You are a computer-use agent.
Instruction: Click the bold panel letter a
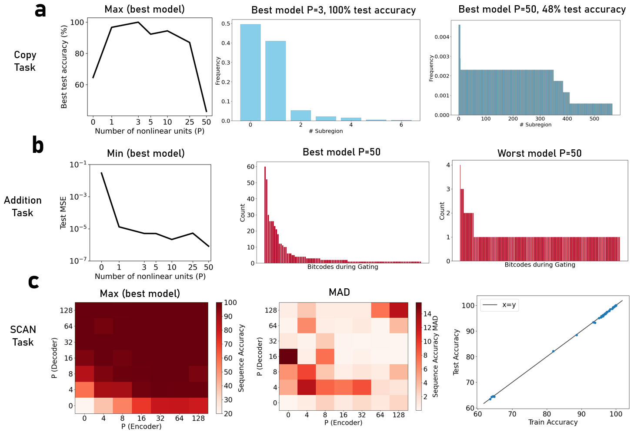[x=40, y=10]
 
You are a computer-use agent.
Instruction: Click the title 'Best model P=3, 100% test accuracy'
[x=334, y=10]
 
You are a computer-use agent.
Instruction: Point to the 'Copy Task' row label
[x=25, y=61]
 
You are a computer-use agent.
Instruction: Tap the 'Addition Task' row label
[x=23, y=206]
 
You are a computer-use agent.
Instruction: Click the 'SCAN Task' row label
[x=23, y=336]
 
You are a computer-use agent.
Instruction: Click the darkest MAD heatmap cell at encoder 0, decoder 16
[x=288, y=356]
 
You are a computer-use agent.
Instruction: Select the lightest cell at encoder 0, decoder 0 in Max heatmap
[x=84, y=406]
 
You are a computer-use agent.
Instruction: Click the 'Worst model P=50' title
[x=539, y=153]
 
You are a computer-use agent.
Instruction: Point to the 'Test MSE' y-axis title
[x=63, y=212]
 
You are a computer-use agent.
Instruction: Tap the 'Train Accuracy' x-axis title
[x=553, y=422]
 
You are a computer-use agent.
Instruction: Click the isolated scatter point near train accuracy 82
[x=553, y=351]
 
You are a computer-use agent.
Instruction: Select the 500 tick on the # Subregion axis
[x=594, y=119]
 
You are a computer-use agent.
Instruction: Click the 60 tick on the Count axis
[x=250, y=167]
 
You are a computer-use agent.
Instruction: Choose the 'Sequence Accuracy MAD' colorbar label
[x=435, y=356]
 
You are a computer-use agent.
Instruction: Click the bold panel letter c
[x=33, y=281]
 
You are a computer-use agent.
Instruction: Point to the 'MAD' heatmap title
[x=339, y=292]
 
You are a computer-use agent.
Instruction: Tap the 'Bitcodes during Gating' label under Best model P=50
[x=343, y=267]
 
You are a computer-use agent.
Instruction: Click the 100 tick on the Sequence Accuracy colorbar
[x=230, y=303]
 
